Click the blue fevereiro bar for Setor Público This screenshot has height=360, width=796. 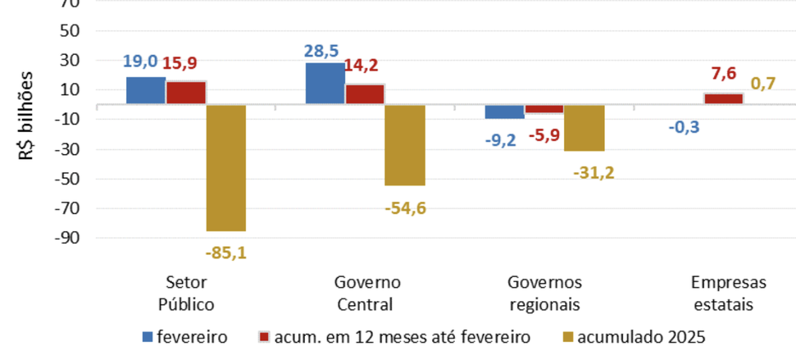(x=146, y=90)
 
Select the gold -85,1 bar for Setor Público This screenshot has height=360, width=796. (x=225, y=167)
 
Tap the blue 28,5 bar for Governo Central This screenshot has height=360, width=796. (x=325, y=84)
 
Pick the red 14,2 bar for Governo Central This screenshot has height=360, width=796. (x=365, y=94)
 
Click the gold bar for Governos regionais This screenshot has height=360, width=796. (x=584, y=128)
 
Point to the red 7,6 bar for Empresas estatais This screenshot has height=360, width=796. (x=723, y=99)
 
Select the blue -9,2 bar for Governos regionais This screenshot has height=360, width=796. (x=504, y=112)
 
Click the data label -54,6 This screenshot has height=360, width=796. (x=405, y=208)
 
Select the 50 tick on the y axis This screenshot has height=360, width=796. (x=69, y=31)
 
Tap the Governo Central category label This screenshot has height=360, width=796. (x=367, y=293)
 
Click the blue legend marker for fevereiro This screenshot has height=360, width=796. (x=148, y=336)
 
